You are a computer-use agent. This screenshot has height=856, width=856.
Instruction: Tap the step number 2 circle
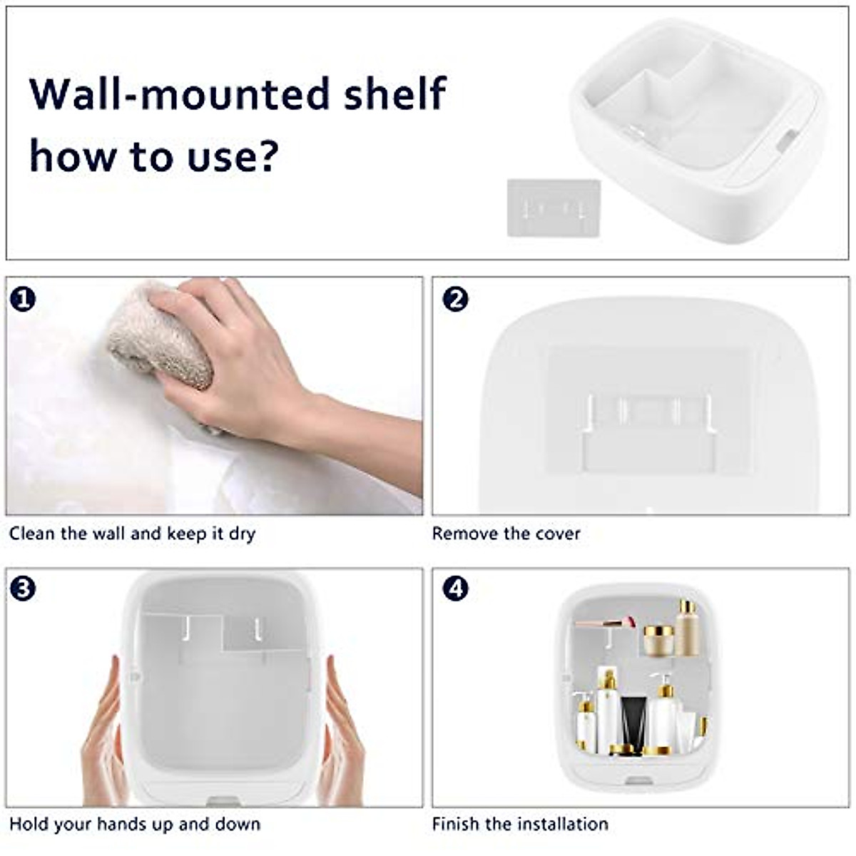455,298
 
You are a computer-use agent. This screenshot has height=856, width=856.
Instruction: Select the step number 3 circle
23,589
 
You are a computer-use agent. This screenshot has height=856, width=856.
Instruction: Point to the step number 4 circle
455,589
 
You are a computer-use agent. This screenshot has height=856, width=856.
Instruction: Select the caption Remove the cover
506,534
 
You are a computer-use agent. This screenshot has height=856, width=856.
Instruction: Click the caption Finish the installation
520,824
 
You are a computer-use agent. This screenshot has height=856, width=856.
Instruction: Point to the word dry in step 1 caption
242,534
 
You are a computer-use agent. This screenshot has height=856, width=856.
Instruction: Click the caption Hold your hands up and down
134,824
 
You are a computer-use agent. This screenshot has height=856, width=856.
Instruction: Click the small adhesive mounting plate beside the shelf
553,208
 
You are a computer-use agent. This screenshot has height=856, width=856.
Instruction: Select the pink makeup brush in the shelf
606,623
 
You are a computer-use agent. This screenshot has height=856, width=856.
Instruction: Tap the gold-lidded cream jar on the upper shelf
658,640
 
